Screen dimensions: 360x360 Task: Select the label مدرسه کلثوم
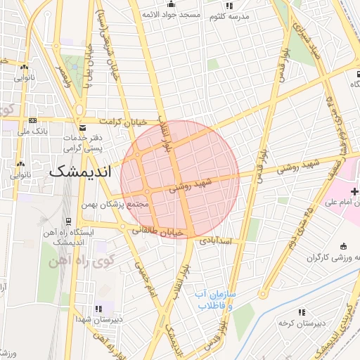[229, 15]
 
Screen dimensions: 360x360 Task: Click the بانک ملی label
[34, 131]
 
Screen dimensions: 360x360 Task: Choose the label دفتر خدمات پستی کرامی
[84, 143]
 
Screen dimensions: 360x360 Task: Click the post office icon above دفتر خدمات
[83, 127]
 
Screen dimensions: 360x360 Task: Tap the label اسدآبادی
[215, 240]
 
